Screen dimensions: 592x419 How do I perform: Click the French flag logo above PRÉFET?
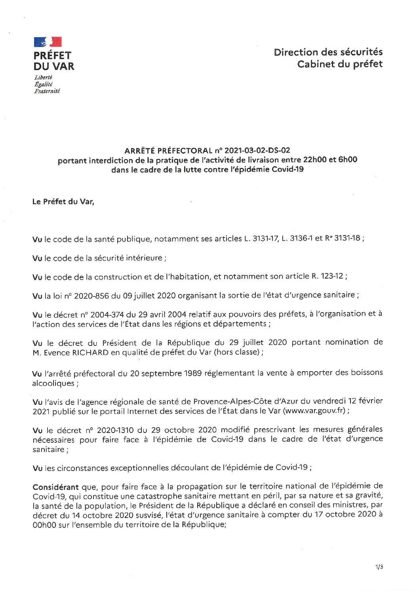pyautogui.click(x=48, y=42)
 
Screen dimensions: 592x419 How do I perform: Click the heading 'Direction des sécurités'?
pyautogui.click(x=328, y=52)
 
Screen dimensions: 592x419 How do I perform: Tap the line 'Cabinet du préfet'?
pyautogui.click(x=340, y=64)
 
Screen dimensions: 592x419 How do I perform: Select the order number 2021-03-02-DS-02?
pyautogui.click(x=257, y=150)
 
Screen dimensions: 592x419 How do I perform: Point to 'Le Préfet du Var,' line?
pyautogui.click(x=63, y=201)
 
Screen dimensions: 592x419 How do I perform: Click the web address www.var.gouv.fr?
pyautogui.click(x=314, y=411)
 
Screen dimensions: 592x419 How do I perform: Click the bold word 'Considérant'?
pyautogui.click(x=55, y=487)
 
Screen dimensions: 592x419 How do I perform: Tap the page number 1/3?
pyautogui.click(x=379, y=567)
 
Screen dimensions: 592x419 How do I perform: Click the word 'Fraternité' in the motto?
pyautogui.click(x=47, y=91)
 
